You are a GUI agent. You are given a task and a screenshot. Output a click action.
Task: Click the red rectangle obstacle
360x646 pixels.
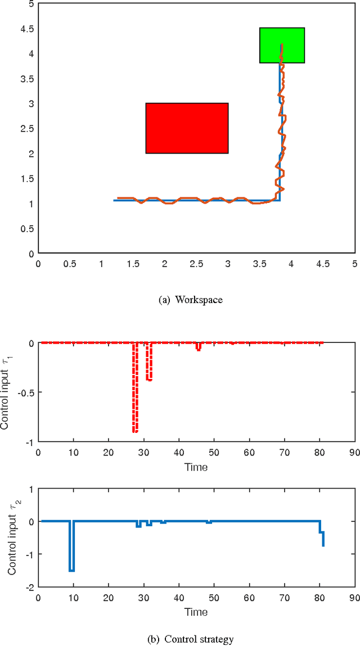(x=187, y=128)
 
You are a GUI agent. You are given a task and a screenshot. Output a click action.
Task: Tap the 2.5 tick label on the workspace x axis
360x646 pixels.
(x=196, y=263)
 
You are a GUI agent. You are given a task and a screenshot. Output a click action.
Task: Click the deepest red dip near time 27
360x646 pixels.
(x=135, y=431)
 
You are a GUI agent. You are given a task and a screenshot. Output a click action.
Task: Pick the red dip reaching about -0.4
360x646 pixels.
(x=149, y=380)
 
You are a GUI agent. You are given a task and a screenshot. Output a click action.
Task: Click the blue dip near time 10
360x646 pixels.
(x=71, y=570)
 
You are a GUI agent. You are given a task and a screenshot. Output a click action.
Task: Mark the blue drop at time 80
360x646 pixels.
(x=322, y=540)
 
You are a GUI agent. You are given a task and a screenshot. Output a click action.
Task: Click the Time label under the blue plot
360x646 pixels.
(x=196, y=612)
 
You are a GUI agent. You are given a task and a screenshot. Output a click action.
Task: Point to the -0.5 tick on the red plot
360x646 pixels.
(x=25, y=392)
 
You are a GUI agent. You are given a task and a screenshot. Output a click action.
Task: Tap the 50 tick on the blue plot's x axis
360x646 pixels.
(x=214, y=597)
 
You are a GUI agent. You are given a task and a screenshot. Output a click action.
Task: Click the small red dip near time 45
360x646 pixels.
(x=198, y=349)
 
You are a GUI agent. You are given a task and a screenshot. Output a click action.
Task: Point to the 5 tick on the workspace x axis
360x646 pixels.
(x=354, y=263)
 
